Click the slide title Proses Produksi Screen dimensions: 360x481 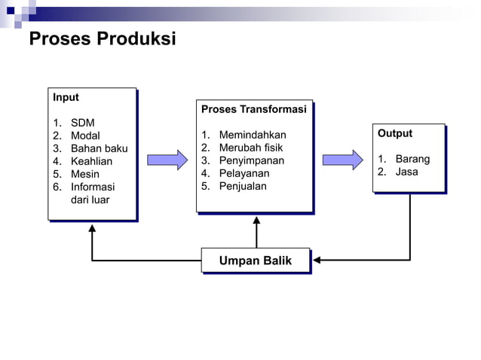click(102, 38)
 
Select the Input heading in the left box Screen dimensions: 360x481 click(66, 97)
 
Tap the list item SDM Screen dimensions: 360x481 click(82, 123)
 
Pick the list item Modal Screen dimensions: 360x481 click(85, 136)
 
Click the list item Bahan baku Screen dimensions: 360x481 click(99, 148)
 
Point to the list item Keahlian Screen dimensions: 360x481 click(91, 161)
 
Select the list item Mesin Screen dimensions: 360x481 click(85, 174)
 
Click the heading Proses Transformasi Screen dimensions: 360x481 click(253, 109)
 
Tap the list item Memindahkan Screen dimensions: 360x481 click(253, 135)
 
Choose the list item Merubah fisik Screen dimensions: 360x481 click(250, 148)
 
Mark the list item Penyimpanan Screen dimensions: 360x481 click(251, 160)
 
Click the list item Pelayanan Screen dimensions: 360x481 click(244, 173)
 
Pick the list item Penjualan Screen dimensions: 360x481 click(243, 186)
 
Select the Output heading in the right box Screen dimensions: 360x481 click(395, 133)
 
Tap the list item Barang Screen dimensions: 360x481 click(412, 159)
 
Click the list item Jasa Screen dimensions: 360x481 click(406, 172)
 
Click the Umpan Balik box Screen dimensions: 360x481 click(256, 261)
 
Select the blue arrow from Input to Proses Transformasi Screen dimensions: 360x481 click(167, 160)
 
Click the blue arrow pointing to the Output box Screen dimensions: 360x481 click(342, 160)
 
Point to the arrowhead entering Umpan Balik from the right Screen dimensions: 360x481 click(317, 261)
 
